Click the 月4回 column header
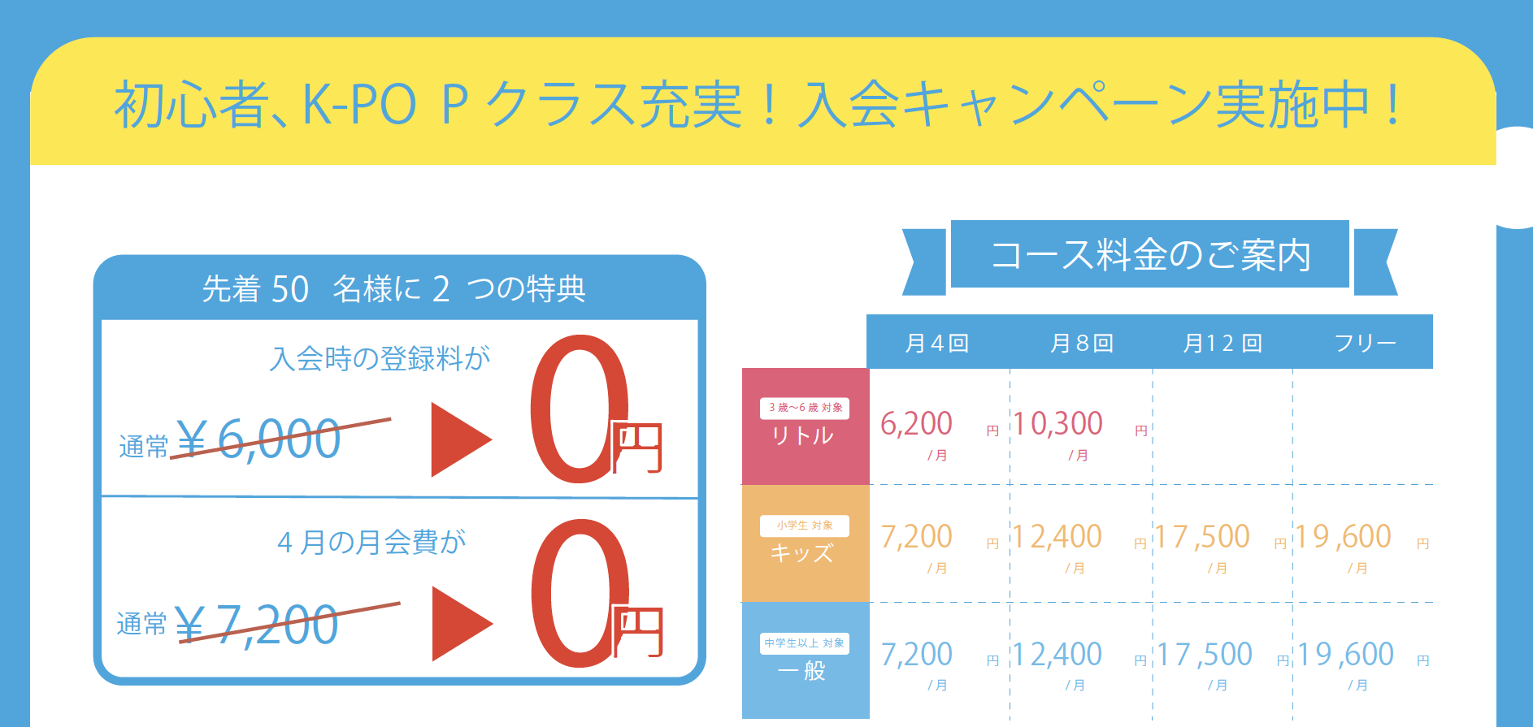pyautogui.click(x=936, y=344)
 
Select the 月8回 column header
pyautogui.click(x=1081, y=344)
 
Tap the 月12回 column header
pyautogui.click(x=1222, y=344)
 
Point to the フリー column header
pyautogui.click(x=1365, y=344)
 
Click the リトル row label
pyautogui.click(x=803, y=436)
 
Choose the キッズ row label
pyautogui.click(x=802, y=553)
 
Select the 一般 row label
pyautogui.click(x=802, y=671)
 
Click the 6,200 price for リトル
pyautogui.click(x=916, y=424)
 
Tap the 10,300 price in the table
pyautogui.click(x=1057, y=424)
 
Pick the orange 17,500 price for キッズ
pyautogui.click(x=1202, y=537)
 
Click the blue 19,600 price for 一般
pyautogui.click(x=1345, y=655)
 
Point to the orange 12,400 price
pyautogui.click(x=1057, y=537)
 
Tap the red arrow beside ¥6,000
pyautogui.click(x=460, y=439)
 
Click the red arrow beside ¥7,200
pyautogui.click(x=461, y=624)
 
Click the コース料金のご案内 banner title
pyautogui.click(x=1150, y=255)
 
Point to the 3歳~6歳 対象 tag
pyautogui.click(x=805, y=408)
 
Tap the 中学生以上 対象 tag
pyautogui.click(x=805, y=643)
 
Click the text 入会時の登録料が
pyautogui.click(x=380, y=358)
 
